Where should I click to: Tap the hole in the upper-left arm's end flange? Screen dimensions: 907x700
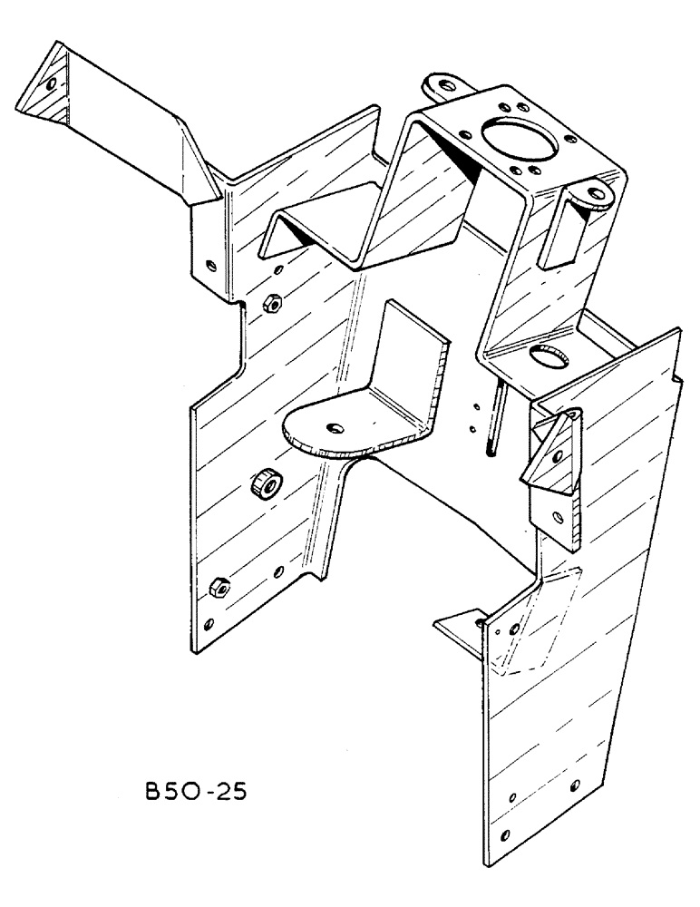tap(51, 84)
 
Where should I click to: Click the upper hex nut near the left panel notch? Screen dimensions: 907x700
tap(269, 305)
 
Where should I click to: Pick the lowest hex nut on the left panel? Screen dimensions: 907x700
tap(219, 588)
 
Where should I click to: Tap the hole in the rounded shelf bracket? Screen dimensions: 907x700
tap(335, 425)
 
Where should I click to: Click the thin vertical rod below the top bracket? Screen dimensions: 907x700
tap(493, 418)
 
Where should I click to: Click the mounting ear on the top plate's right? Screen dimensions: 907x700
tap(591, 193)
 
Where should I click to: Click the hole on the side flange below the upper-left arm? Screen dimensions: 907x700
tap(211, 266)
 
